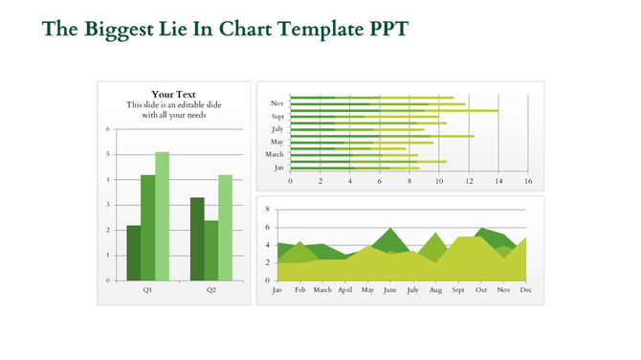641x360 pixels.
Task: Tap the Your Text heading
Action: click(173, 94)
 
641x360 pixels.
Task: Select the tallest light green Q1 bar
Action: click(162, 216)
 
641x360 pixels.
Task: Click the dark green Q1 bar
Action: click(133, 253)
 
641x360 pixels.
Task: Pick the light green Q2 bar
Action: click(225, 228)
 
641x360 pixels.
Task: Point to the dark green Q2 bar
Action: click(197, 239)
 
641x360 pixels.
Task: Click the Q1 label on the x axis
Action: click(147, 289)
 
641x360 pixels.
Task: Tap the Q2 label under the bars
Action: click(210, 289)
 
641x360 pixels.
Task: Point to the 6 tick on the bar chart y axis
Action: click(108, 129)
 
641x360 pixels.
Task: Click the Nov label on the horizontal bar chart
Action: click(277, 102)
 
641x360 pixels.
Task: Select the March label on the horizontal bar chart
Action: click(275, 154)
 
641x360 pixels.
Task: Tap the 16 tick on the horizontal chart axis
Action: click(527, 181)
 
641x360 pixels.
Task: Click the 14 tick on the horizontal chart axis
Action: click(497, 181)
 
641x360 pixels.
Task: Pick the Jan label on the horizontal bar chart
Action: click(278, 168)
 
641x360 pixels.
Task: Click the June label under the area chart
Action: click(389, 289)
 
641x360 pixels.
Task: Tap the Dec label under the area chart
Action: click(525, 289)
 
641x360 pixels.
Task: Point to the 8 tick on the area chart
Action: click(267, 209)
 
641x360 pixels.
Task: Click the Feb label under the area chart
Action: click(299, 289)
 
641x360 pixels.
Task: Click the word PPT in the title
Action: click(388, 29)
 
